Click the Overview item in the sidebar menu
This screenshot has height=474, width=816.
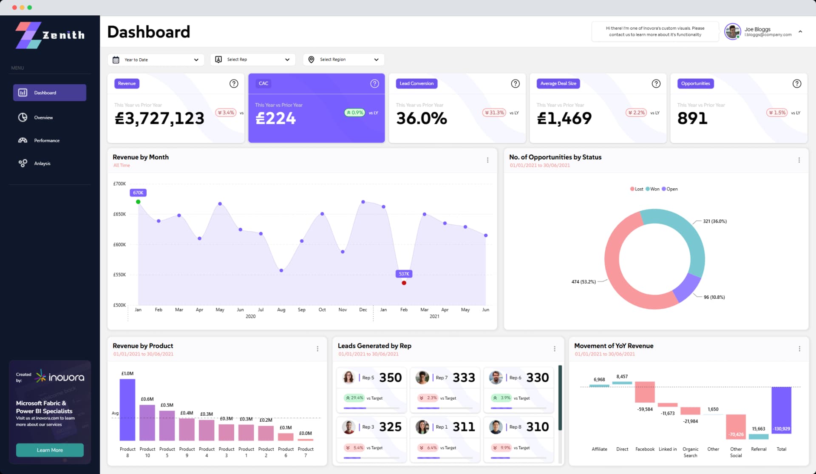[x=43, y=117]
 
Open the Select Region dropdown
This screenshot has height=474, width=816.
[x=343, y=60]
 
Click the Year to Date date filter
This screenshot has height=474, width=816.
[x=156, y=60]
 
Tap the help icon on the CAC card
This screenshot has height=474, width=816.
[x=374, y=83]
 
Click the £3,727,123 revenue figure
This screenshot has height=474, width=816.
[x=159, y=118]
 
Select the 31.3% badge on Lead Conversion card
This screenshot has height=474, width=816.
[x=494, y=113]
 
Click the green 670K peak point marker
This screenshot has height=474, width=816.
[x=138, y=202]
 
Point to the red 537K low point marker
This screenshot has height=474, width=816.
[x=404, y=283]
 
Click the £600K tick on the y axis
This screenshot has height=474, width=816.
[x=119, y=244]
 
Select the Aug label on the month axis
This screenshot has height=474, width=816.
[x=281, y=309]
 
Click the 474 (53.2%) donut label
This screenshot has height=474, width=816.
[x=583, y=281]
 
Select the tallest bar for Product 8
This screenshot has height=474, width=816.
[x=127, y=409]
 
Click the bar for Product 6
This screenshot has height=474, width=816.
[x=286, y=437]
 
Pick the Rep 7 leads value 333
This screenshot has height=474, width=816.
[x=464, y=377]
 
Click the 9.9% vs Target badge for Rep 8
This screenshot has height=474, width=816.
[x=501, y=448]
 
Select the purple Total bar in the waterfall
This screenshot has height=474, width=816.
[x=781, y=410]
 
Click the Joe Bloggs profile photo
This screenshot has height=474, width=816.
[x=732, y=31]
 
